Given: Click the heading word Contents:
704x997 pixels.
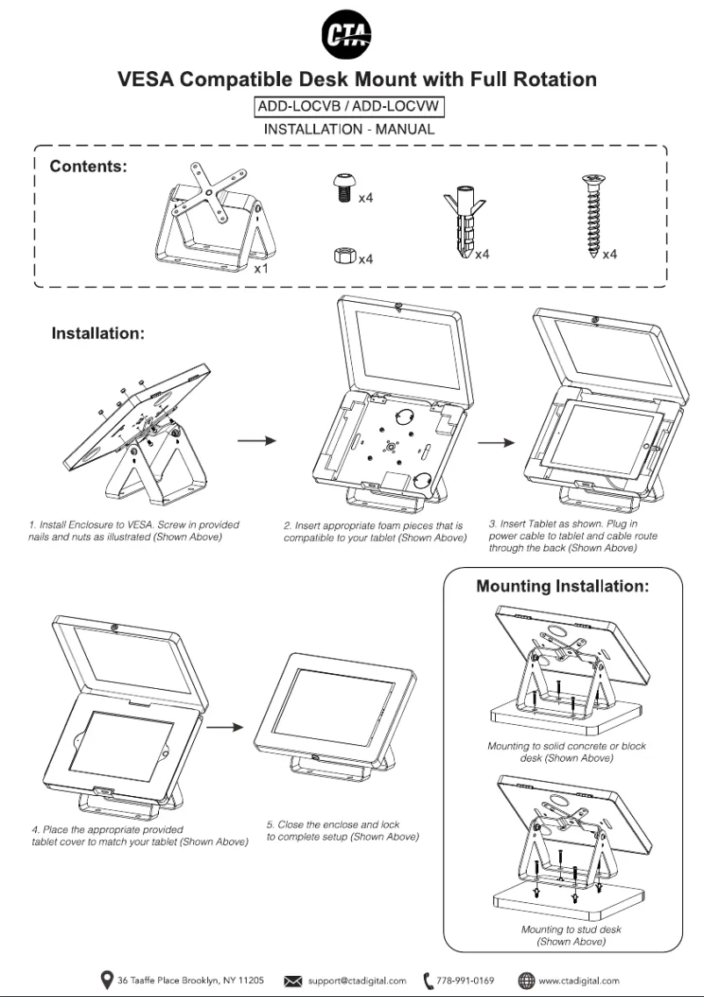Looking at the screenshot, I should tap(89, 166).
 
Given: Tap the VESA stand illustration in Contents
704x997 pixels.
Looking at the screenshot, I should tap(209, 219).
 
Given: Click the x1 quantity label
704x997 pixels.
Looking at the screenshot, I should tap(261, 269).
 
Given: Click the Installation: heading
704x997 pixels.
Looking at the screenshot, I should tap(97, 334).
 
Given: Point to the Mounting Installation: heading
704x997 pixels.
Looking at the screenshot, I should tap(562, 586).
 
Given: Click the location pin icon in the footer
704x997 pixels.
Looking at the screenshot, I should tap(107, 979).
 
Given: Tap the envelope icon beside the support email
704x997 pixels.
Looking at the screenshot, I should tap(294, 980).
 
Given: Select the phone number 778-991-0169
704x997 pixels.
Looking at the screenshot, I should tap(464, 980).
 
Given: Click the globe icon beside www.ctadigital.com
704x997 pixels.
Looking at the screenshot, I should tap(526, 980).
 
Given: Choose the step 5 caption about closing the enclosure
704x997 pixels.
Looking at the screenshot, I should tap(341, 831).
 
